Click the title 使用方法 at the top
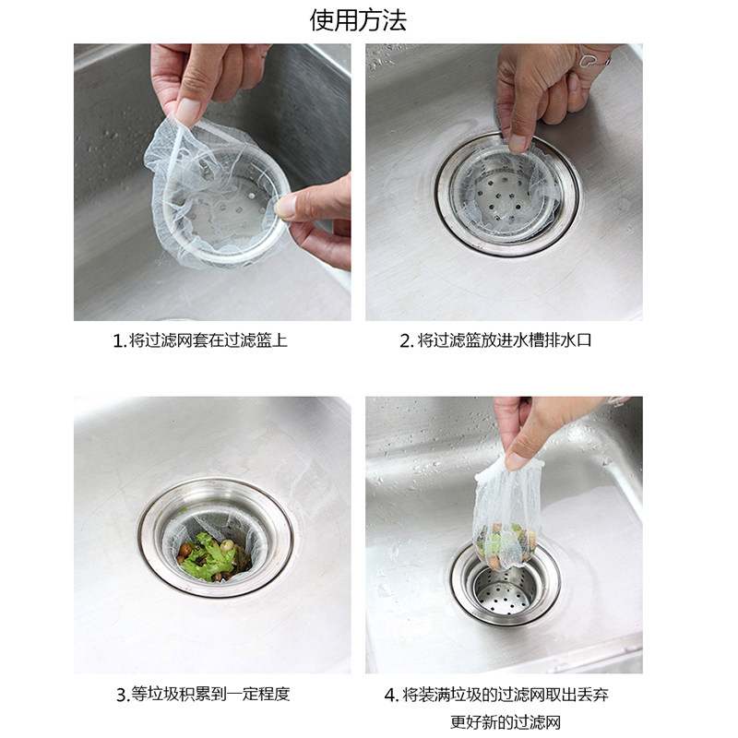click(358, 20)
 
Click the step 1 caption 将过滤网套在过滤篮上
click(208, 340)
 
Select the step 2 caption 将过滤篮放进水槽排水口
click(505, 340)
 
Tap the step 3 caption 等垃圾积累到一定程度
click(210, 694)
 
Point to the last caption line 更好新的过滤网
click(506, 721)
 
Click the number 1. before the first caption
click(120, 340)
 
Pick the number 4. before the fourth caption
click(391, 695)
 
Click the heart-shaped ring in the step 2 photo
click(589, 60)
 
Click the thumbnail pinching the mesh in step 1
click(188, 112)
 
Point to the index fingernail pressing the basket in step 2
click(518, 143)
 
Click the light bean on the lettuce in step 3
click(228, 545)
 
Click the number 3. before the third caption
click(123, 695)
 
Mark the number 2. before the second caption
click(407, 340)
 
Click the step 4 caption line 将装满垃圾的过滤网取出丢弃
click(506, 695)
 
